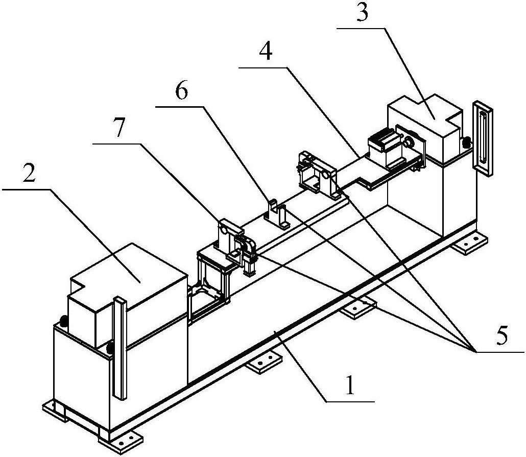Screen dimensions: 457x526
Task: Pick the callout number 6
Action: click(x=181, y=92)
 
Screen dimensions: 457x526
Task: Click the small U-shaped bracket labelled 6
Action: click(x=278, y=212)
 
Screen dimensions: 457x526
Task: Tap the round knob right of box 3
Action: click(x=466, y=143)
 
